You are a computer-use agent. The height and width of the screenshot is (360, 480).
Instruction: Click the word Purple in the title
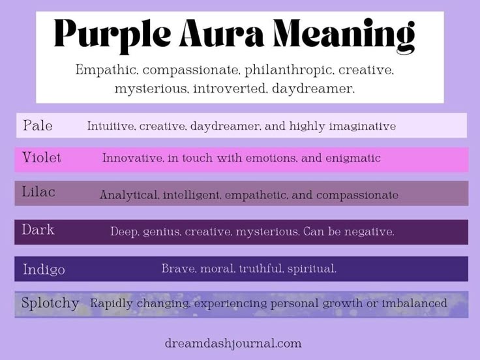pos(112,36)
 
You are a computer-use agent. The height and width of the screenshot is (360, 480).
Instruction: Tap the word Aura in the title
pos(222,33)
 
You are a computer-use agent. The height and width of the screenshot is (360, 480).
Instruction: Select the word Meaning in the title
pos(344,36)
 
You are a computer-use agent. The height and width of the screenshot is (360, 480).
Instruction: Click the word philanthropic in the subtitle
pos(288,70)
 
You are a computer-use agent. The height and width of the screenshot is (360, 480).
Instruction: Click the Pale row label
pos(38,125)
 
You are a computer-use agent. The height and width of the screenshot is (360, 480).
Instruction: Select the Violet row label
pos(42,157)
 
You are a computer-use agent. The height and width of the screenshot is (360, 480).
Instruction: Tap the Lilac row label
pos(38,192)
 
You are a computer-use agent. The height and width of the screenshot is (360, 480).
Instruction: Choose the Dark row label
pos(38,230)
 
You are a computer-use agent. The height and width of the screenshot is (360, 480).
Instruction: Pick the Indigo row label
pos(44,270)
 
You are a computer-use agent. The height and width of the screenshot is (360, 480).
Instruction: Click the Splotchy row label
pos(50,303)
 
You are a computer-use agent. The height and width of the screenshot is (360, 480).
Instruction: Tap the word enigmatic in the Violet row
pos(353,158)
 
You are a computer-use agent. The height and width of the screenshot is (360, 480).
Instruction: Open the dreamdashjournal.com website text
pos(233,343)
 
